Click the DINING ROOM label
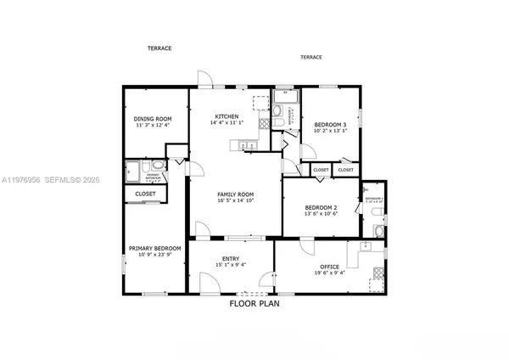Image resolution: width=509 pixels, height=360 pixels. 154,118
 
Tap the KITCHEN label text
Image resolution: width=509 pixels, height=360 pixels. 227,116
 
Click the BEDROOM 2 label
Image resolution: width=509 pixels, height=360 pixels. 322,207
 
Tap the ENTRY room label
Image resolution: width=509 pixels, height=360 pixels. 230,259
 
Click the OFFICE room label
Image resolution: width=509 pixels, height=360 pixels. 329,267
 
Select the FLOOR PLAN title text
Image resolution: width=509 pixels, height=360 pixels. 254,303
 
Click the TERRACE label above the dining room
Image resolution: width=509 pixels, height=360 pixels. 159,48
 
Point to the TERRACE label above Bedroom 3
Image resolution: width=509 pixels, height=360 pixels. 310,57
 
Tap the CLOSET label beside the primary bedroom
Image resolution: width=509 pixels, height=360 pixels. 145,194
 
